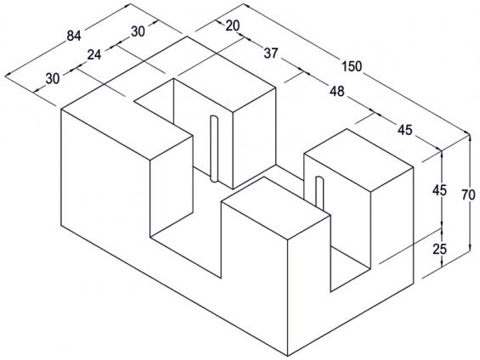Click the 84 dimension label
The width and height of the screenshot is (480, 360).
point(74,37)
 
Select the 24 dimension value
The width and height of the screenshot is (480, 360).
point(94,55)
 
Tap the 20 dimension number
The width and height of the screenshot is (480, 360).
point(233,26)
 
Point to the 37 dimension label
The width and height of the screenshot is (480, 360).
point(271,53)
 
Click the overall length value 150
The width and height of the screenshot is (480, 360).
point(352,66)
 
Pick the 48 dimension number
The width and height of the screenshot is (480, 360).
point(337,91)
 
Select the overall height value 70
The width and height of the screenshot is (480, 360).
point(468,194)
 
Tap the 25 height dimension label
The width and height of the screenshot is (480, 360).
point(439,250)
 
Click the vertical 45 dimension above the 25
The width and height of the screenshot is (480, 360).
point(439,190)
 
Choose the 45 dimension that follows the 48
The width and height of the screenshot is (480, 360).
point(405,130)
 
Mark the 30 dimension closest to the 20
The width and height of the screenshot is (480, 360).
point(138,31)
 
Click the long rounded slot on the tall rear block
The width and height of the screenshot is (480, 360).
point(214,149)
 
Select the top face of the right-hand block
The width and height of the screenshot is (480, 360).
point(359,160)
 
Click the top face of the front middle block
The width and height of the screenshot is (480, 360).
point(275,208)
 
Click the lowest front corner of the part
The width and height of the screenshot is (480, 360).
point(288,356)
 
